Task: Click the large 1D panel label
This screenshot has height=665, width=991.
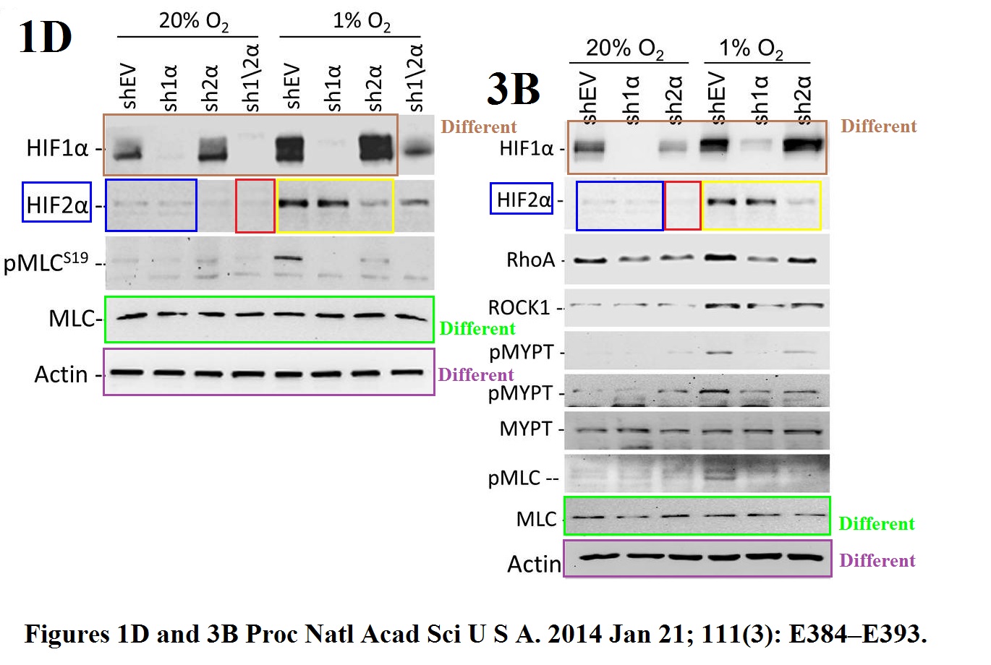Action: [45, 37]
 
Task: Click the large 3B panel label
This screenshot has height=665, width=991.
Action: [514, 90]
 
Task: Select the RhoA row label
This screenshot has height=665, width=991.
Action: [530, 260]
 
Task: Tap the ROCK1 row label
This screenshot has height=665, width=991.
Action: [519, 308]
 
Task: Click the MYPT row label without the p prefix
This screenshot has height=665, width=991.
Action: [526, 429]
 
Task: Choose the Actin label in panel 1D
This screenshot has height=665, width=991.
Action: [61, 374]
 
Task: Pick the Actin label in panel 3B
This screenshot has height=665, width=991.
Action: [535, 564]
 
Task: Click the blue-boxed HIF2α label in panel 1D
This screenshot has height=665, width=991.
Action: [57, 206]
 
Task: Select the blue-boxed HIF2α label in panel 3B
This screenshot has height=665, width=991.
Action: [522, 199]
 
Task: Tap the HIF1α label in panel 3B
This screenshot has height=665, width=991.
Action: [526, 149]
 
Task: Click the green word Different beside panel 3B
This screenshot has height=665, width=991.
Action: [877, 523]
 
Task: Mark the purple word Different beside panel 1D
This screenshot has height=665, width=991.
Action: [475, 374]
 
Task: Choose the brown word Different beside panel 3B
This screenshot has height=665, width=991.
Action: [878, 126]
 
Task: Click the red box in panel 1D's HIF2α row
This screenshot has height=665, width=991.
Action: [255, 206]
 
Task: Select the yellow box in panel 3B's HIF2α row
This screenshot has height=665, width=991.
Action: [761, 206]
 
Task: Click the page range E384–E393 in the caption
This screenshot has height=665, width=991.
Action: [857, 635]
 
